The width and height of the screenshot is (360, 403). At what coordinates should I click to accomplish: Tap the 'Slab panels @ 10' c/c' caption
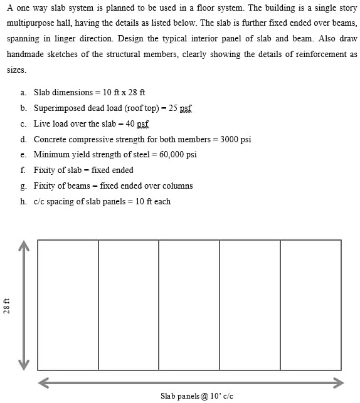[196, 395]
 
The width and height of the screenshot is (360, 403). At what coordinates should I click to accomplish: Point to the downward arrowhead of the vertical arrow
[24, 365]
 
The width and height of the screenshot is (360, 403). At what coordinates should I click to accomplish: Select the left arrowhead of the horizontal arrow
[43, 382]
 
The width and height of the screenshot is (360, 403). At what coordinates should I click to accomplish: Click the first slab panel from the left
[68, 305]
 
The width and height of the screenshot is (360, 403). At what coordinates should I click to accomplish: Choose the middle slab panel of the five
[189, 305]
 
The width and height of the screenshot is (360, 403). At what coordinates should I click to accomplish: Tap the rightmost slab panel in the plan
[310, 305]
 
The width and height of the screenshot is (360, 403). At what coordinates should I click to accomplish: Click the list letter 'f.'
[23, 170]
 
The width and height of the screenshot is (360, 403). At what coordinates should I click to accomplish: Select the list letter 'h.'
[23, 201]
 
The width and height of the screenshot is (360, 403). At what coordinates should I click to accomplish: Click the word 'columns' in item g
[178, 186]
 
